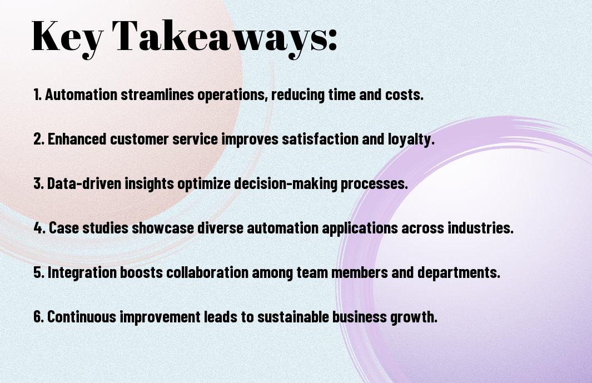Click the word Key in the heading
tap(67, 37)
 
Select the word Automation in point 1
tap(81, 94)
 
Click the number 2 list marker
tap(38, 139)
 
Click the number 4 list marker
tap(39, 228)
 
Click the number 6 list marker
tap(38, 317)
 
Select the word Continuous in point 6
tap(82, 317)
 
